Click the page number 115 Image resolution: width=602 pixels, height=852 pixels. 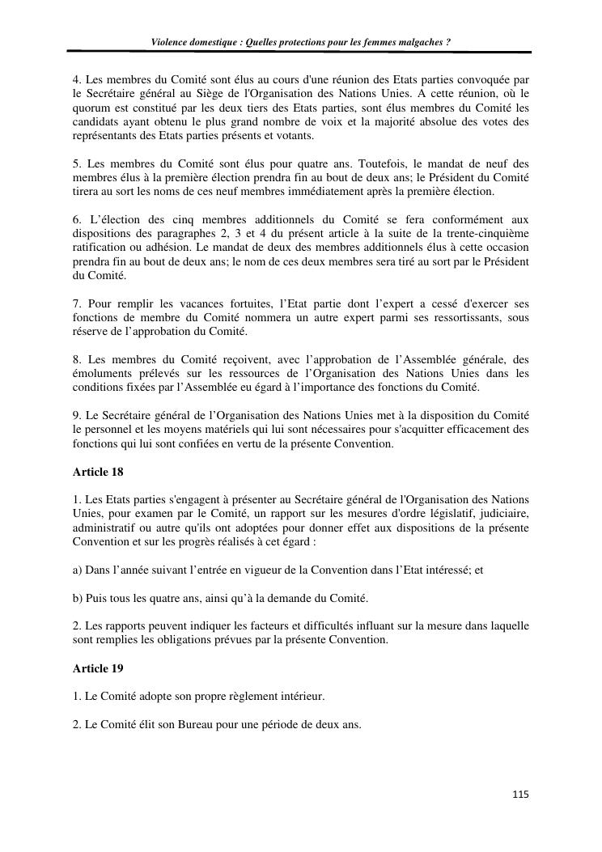[x=520, y=795]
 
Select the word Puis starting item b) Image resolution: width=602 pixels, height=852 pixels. [x=95, y=598]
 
